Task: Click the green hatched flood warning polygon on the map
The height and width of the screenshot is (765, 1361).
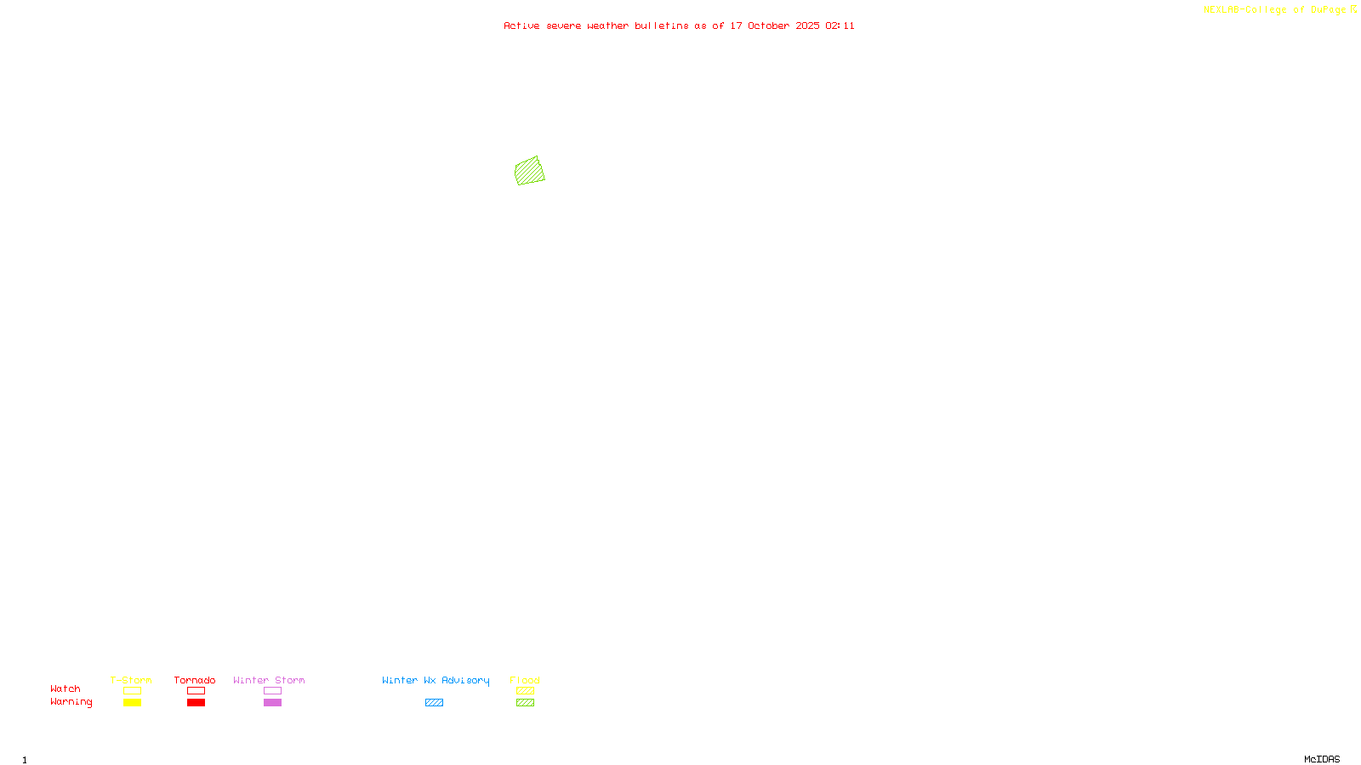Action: pos(529,171)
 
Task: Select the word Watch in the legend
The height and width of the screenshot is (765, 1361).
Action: pos(65,688)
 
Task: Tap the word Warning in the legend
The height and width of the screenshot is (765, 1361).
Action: pos(71,702)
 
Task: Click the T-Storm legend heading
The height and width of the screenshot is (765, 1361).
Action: pos(131,680)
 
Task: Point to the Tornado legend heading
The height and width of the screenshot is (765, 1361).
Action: pos(195,680)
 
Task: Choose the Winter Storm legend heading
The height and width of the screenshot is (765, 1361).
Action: pos(269,680)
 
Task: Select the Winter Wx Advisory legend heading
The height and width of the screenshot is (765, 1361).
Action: pos(436,680)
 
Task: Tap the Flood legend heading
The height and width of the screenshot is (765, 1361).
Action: pos(525,680)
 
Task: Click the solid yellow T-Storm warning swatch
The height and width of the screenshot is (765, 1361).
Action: pos(132,703)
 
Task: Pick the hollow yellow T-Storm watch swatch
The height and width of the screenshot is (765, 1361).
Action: pos(132,691)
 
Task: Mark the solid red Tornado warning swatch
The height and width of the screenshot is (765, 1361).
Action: pos(196,703)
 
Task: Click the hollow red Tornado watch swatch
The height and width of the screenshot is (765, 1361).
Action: pos(196,691)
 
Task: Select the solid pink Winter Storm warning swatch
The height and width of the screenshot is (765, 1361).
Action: pos(272,703)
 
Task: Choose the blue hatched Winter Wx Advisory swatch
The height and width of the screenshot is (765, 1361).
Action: pos(434,703)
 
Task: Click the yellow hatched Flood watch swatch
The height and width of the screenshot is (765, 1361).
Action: pos(525,691)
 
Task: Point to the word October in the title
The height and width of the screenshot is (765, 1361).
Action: pos(768,25)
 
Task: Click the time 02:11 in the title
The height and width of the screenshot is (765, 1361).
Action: pos(840,25)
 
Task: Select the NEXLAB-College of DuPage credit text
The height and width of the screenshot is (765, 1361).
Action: pos(1274,10)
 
